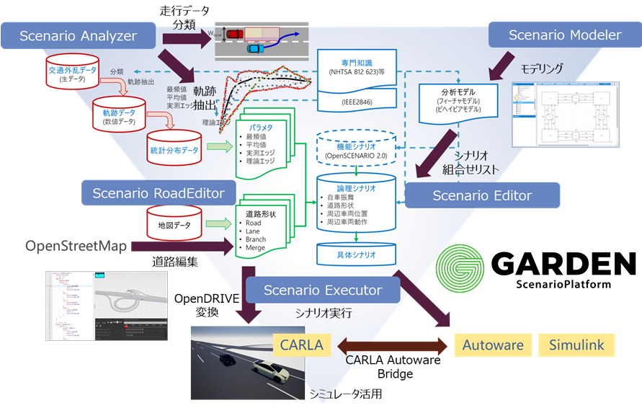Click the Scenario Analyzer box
(79, 36)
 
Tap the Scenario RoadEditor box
(158, 193)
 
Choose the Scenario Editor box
(481, 195)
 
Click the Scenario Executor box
(322, 291)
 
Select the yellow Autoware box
(493, 345)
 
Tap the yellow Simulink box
(576, 345)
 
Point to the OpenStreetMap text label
(76, 247)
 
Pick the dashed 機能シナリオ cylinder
(357, 149)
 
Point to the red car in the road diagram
(234, 33)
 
